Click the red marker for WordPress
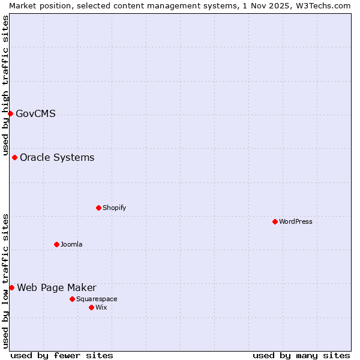pyautogui.click(x=275, y=221)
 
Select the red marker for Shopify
pyautogui.click(x=98, y=208)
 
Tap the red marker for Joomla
pyautogui.click(x=56, y=244)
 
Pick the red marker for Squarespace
pyautogui.click(x=72, y=299)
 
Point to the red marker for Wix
pyautogui.click(x=91, y=307)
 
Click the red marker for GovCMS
pyautogui.click(x=10, y=113)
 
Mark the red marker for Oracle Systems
pyautogui.click(x=14, y=157)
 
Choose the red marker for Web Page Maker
pyautogui.click(x=11, y=287)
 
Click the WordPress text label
pyautogui.click(x=296, y=221)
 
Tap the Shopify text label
pyautogui.click(x=115, y=208)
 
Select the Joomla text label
pyautogui.click(x=71, y=244)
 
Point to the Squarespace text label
pyautogui.click(x=97, y=299)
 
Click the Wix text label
pyautogui.click(x=101, y=307)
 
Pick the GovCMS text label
pyautogui.click(x=36, y=113)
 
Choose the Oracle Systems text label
pyautogui.click(x=57, y=157)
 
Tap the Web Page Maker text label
pyautogui.click(x=56, y=287)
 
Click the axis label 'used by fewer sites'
pyautogui.click(x=62, y=355)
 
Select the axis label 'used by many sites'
pyautogui.click(x=301, y=355)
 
